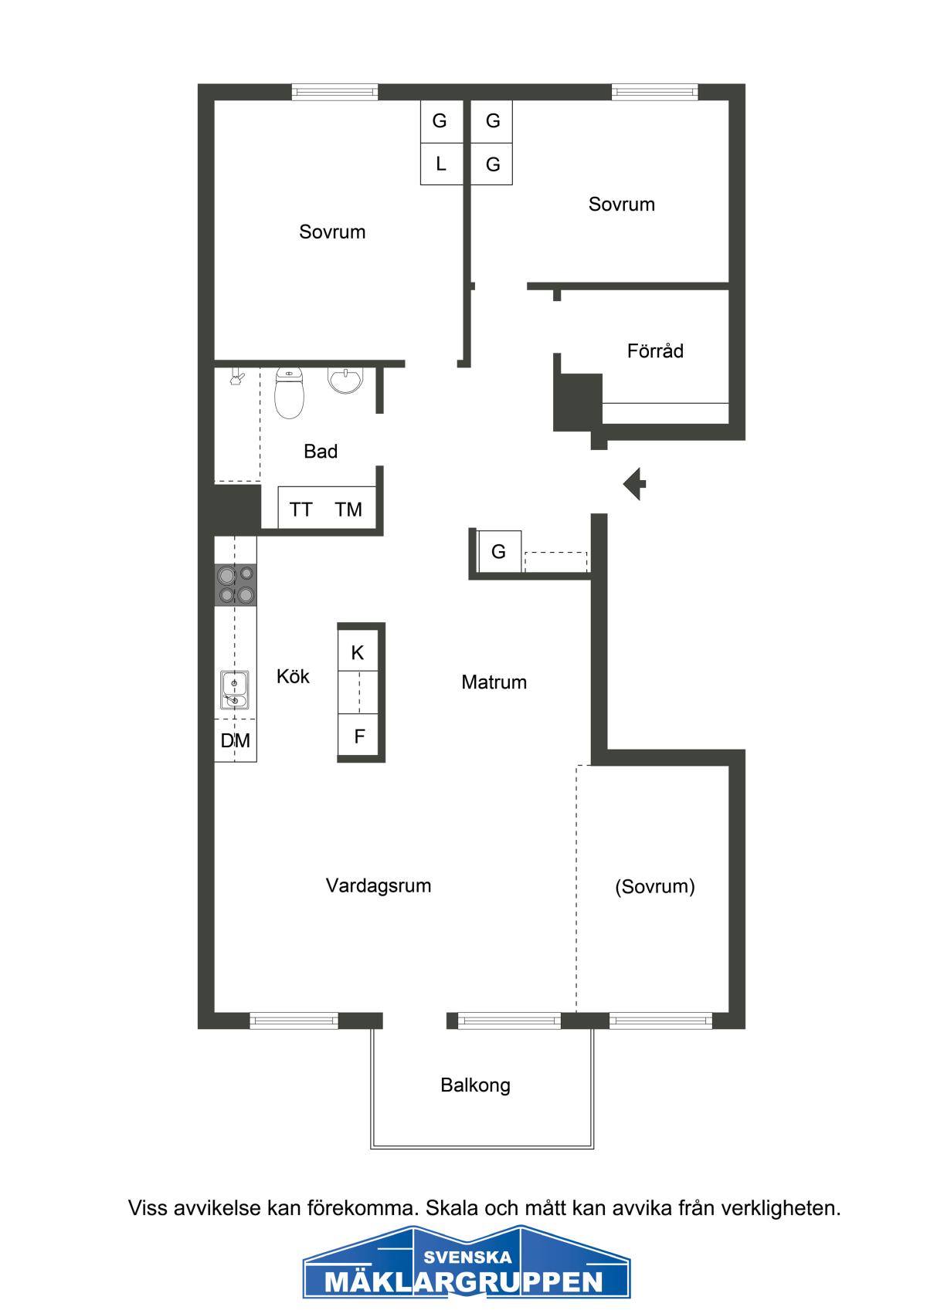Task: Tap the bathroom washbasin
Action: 345,380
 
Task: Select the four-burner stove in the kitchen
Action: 236,585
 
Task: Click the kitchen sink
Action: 234,690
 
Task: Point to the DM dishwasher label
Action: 236,741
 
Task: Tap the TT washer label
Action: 301,509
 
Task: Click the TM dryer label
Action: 348,509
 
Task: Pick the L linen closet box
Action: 441,164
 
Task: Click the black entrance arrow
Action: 634,484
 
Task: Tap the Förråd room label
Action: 655,350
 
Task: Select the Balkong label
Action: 475,1085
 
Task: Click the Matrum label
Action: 494,682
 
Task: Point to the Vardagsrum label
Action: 378,885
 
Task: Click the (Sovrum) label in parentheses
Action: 655,886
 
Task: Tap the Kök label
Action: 293,676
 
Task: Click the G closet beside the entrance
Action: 499,551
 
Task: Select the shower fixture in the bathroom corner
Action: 236,377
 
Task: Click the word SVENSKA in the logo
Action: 467,1257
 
